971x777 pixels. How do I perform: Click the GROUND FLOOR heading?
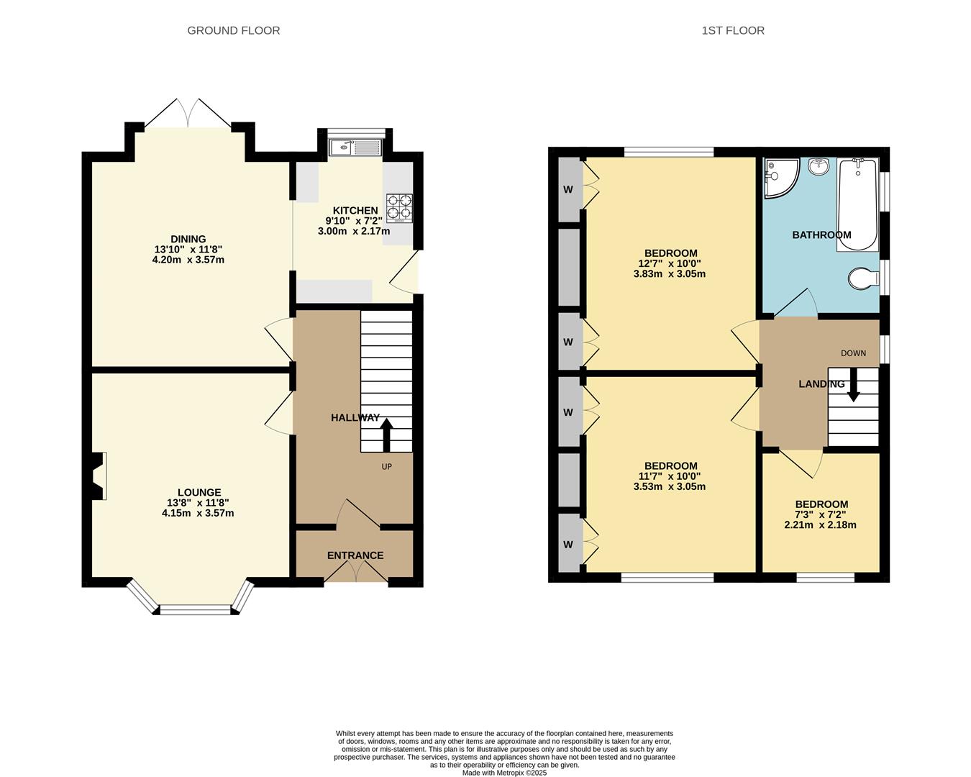point(233,30)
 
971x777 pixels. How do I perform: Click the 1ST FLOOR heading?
point(733,30)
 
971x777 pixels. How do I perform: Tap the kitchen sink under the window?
point(355,148)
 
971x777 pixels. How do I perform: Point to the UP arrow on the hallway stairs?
point(386,434)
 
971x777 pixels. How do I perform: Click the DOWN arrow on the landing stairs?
point(853,385)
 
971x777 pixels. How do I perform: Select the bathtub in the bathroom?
point(857,205)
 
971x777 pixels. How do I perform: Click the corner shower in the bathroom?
point(779,176)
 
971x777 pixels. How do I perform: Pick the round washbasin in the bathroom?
point(819,167)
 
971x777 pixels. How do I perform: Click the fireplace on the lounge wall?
point(99,476)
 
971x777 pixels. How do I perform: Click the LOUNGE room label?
point(198,493)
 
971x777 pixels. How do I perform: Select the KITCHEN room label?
point(355,210)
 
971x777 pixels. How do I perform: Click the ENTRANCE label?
point(355,555)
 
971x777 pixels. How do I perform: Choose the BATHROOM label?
point(821,235)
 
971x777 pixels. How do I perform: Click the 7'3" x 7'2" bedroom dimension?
point(820,514)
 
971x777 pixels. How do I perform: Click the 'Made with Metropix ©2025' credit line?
point(504,773)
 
